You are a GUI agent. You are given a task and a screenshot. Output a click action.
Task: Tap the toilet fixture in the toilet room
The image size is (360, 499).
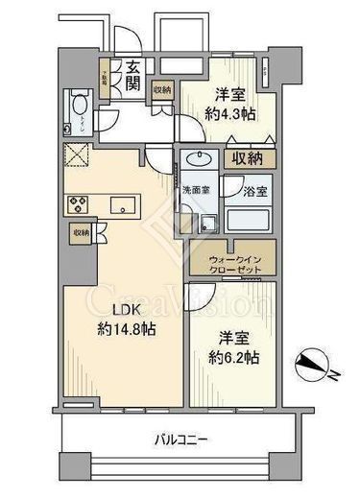pyautogui.click(x=80, y=108)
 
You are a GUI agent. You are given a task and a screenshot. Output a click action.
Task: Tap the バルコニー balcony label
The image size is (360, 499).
pyautogui.click(x=182, y=440)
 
